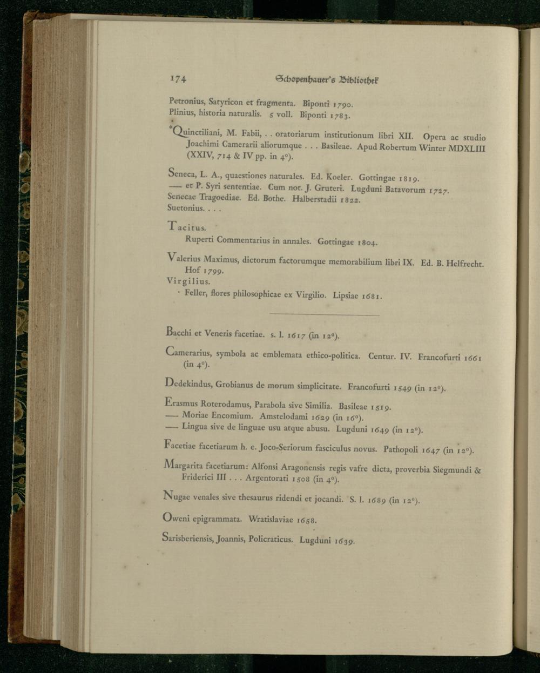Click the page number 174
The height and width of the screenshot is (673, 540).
coord(178,79)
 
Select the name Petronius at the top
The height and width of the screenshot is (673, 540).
coord(187,101)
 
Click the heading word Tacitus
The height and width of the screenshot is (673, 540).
coord(183,227)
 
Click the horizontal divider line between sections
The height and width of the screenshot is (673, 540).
coord(324,315)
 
